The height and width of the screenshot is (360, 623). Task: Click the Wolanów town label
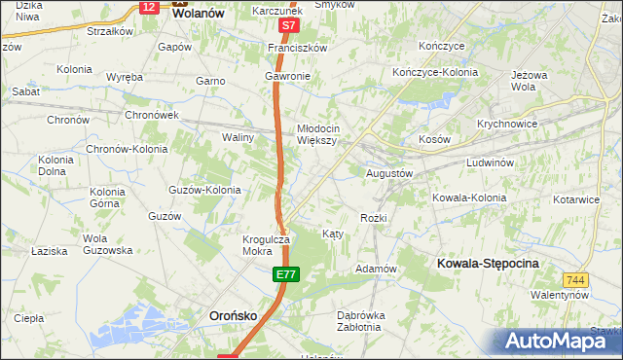tap(198, 15)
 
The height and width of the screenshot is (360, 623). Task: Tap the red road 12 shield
tap(148, 7)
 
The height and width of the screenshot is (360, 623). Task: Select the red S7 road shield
tap(288, 26)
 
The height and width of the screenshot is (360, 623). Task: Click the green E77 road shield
tap(284, 277)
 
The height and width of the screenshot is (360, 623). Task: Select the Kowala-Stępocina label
tap(489, 264)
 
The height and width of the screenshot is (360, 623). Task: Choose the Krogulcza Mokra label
tap(265, 245)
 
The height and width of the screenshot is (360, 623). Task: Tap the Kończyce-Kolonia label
tap(437, 73)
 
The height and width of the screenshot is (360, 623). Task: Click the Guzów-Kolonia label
tap(204, 190)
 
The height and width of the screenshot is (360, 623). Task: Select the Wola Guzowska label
tap(107, 244)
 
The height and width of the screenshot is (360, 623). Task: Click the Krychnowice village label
tap(508, 125)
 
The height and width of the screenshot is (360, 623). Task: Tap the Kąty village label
tap(332, 234)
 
